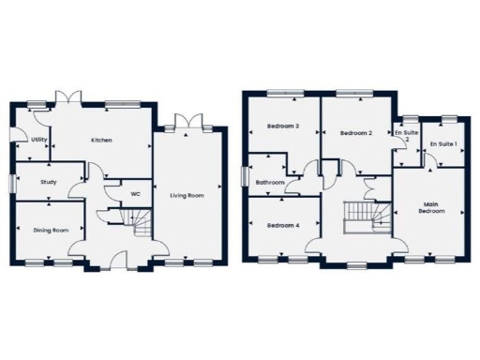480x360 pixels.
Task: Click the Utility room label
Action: (x=38, y=140)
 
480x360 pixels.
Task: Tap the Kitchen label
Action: (x=101, y=140)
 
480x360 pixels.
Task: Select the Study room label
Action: (x=49, y=183)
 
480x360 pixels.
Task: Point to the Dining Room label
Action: (x=52, y=230)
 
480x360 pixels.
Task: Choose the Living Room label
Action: (x=187, y=196)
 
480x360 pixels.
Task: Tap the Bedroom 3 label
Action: (x=282, y=127)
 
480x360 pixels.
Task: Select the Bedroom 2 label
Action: (x=356, y=133)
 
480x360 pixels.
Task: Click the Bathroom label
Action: (x=270, y=182)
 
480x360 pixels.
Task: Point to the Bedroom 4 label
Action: (x=282, y=226)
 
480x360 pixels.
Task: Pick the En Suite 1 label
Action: (x=442, y=143)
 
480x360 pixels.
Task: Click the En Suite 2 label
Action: (x=405, y=137)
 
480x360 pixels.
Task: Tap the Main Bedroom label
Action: (x=431, y=208)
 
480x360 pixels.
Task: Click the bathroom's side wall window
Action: (x=242, y=177)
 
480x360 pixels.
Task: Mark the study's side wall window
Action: (x=13, y=183)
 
